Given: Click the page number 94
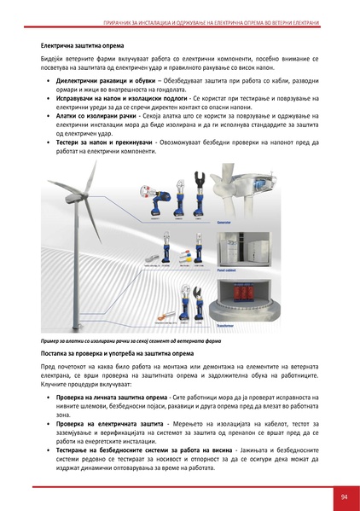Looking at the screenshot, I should tap(342, 496).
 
